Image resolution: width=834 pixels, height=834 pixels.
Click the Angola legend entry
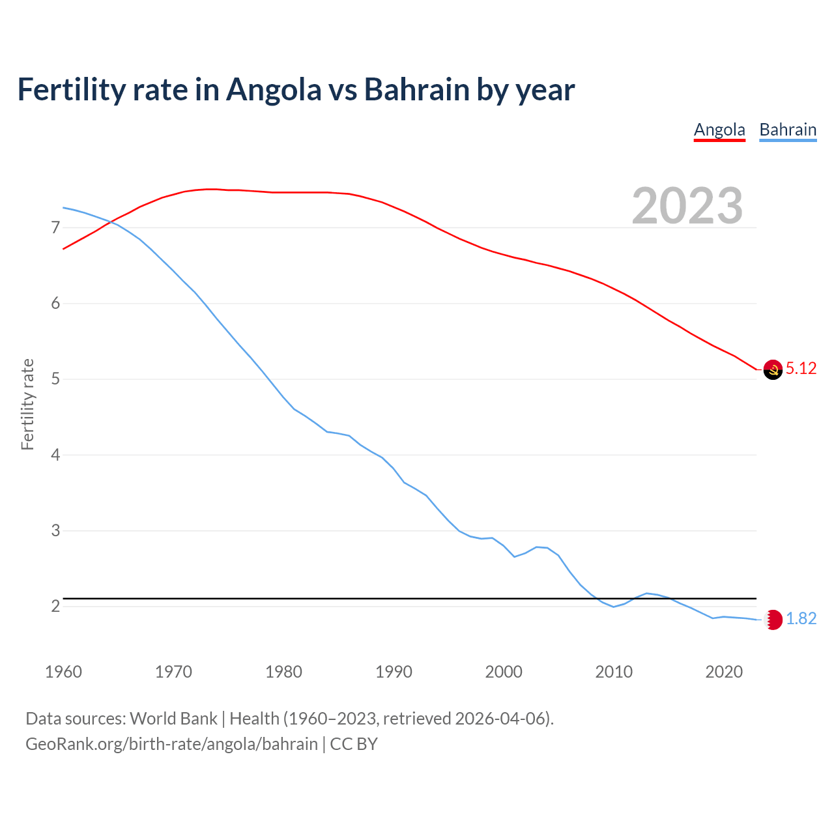[x=719, y=130]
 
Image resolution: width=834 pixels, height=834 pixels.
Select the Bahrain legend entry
[x=788, y=130]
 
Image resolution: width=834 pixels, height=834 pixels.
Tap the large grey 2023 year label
[x=687, y=206]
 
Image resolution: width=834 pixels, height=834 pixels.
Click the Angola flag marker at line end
[x=773, y=369]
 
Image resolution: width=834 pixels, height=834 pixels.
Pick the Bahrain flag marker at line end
[x=773, y=620]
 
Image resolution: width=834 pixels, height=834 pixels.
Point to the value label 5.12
[x=801, y=369]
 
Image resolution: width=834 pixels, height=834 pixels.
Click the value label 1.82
[x=801, y=619]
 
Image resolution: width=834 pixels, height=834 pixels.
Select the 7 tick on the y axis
[x=55, y=228]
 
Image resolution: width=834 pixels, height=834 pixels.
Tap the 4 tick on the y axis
[x=55, y=455]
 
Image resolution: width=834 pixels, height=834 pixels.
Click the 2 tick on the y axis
[x=55, y=607]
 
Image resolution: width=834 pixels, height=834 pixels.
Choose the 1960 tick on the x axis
[x=63, y=672]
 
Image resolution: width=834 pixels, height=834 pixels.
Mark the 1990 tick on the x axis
[x=394, y=672]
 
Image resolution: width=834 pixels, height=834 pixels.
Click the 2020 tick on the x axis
[x=724, y=672]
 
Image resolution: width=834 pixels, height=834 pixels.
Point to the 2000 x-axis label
[x=504, y=672]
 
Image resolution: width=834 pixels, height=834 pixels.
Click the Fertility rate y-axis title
[x=27, y=404]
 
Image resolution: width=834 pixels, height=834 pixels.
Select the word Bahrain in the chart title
[x=416, y=89]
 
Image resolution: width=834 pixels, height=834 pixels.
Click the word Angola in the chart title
[x=274, y=89]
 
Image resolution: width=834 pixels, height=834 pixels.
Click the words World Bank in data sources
[x=173, y=719]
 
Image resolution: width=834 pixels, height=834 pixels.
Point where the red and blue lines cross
[x=111, y=222]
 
